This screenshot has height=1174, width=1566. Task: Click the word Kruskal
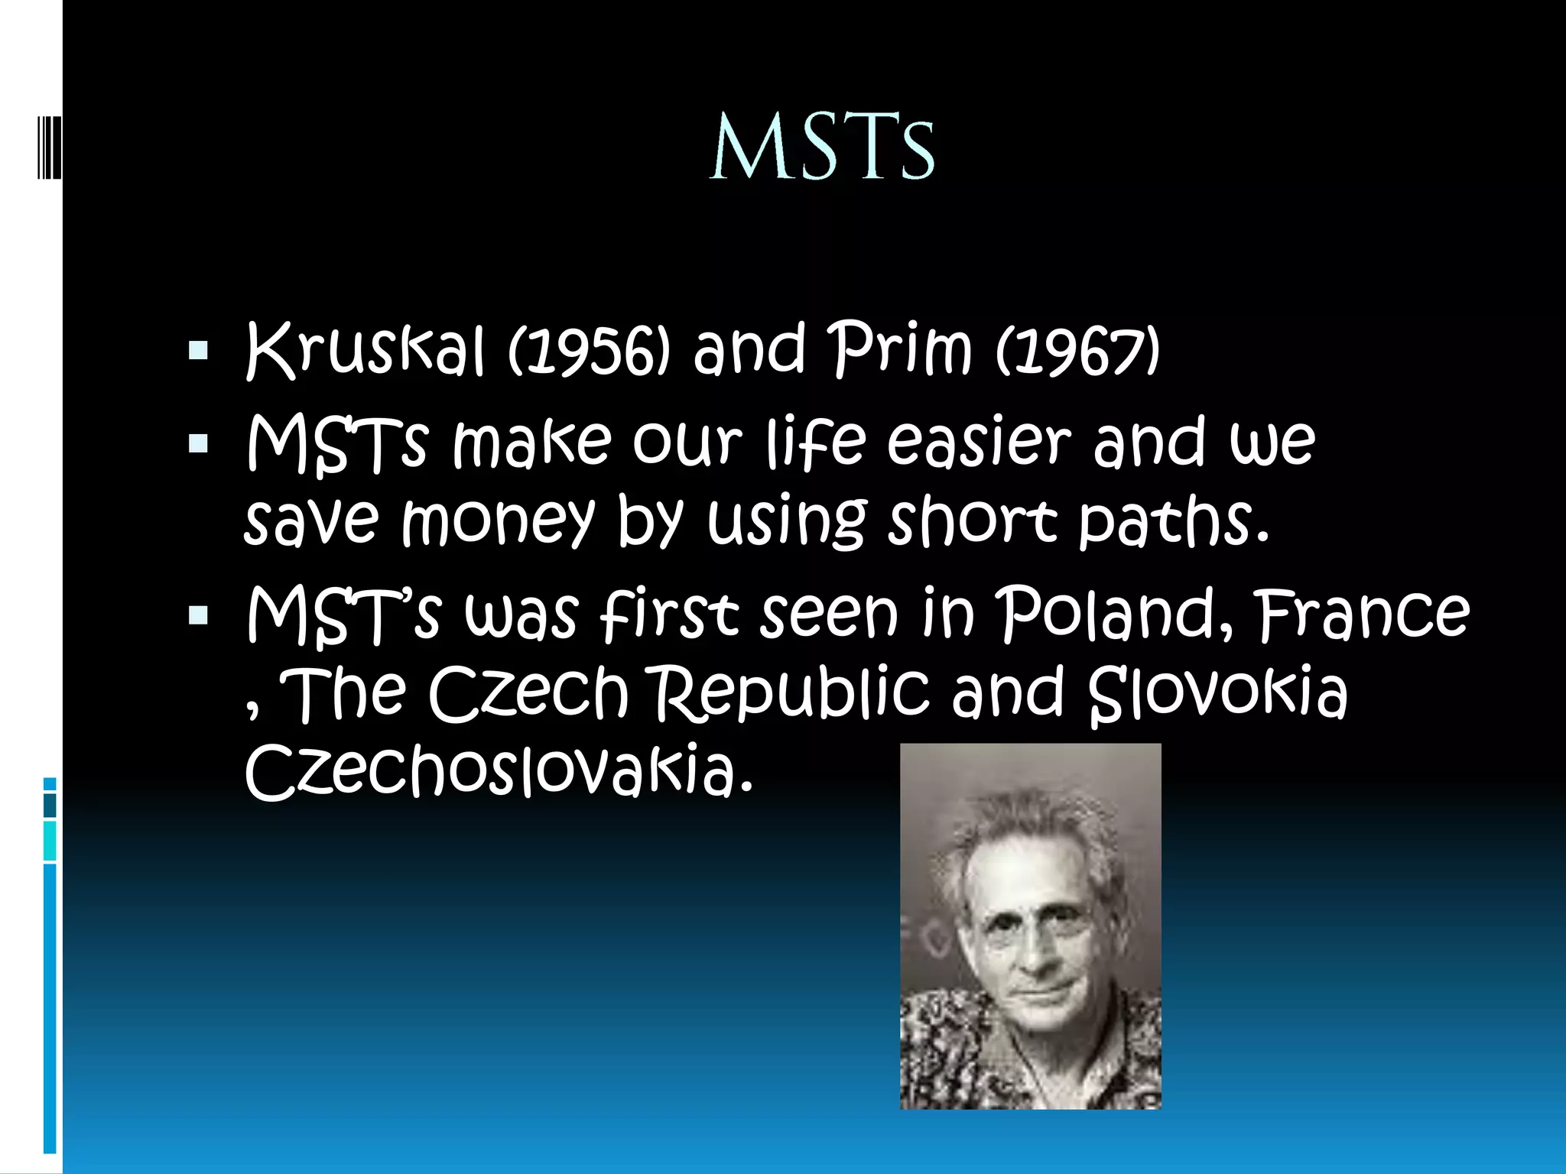click(x=366, y=351)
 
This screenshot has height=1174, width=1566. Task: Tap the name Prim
click(x=901, y=351)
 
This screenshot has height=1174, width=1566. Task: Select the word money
click(x=498, y=523)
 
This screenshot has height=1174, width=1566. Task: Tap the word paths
click(x=1173, y=521)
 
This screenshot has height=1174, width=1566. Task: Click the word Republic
click(x=792, y=694)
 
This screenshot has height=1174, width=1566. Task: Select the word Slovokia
click(x=1217, y=694)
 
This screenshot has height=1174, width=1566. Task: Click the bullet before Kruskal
click(x=198, y=352)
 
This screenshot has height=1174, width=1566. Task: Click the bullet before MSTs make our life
click(x=198, y=443)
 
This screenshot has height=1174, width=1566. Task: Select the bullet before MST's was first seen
click(x=198, y=615)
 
